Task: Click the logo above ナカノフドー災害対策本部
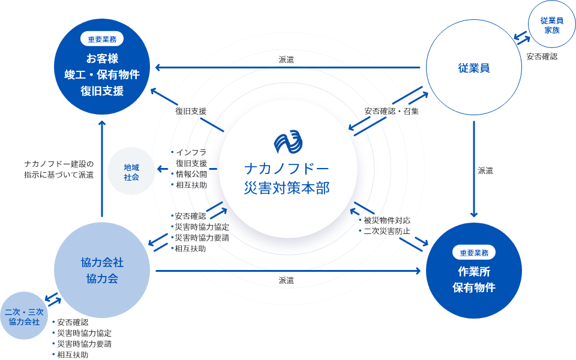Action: (x=288, y=142)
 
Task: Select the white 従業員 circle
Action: (x=474, y=68)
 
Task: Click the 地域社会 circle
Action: (x=131, y=171)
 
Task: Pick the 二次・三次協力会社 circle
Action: (x=24, y=316)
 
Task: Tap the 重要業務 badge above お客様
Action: (x=102, y=40)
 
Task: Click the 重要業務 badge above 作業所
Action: (x=474, y=252)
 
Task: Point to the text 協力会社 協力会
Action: (x=102, y=270)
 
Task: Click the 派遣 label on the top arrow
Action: (x=286, y=60)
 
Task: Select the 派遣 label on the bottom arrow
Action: (x=286, y=280)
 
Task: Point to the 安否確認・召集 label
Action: (x=391, y=112)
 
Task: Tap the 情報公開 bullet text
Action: (x=191, y=174)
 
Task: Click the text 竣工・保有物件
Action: (x=102, y=75)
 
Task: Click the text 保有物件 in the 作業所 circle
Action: (x=474, y=287)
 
